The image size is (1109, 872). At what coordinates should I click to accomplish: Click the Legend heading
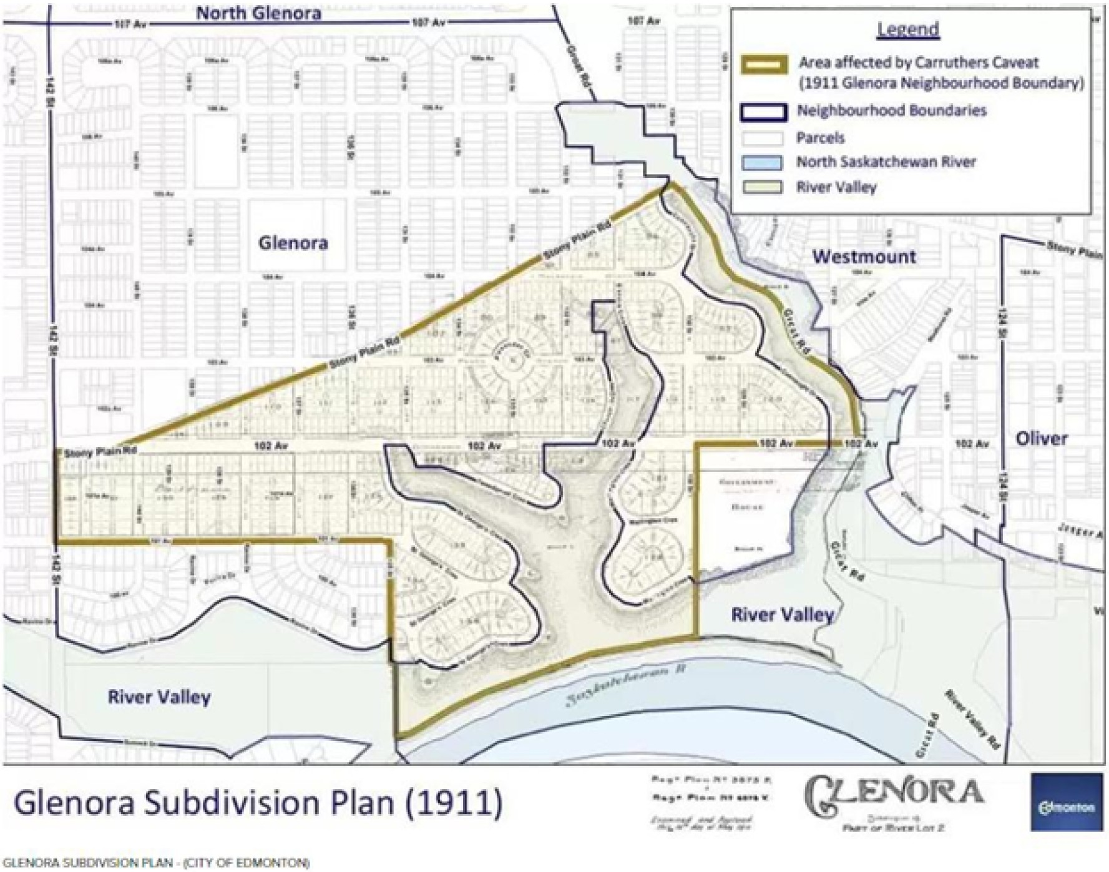click(x=908, y=29)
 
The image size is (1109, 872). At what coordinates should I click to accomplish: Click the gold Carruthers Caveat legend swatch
click(x=765, y=64)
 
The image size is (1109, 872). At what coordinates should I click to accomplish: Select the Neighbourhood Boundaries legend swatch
click(x=763, y=112)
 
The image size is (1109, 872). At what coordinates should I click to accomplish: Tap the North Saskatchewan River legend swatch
click(x=762, y=162)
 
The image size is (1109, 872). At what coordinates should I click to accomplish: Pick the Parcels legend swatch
click(x=762, y=138)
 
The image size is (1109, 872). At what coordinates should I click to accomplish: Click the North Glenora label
click(x=258, y=13)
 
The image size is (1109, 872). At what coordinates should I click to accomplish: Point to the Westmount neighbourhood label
click(x=864, y=257)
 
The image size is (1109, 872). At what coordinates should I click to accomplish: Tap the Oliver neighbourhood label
click(x=1042, y=438)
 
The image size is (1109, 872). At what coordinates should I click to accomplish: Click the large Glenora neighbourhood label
click(x=293, y=243)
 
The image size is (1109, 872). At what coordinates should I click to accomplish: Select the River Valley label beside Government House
click(x=783, y=615)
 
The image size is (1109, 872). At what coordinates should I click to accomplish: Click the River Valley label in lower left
click(x=159, y=697)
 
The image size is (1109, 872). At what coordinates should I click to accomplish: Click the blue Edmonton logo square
click(x=1066, y=801)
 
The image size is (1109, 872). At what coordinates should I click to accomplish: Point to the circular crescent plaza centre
click(x=511, y=360)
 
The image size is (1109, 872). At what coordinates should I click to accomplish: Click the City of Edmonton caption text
click(x=155, y=863)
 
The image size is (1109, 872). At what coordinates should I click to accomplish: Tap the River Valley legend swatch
click(x=762, y=187)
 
